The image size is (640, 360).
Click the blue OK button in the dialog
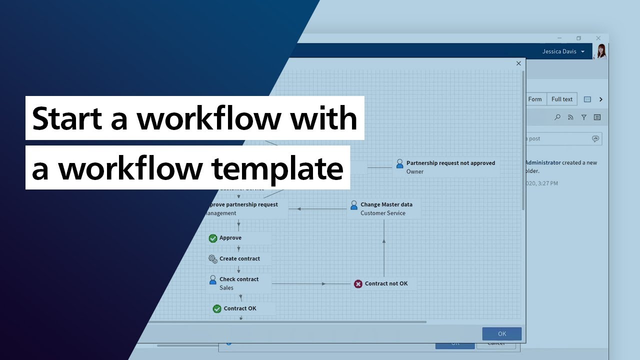coord(501,333)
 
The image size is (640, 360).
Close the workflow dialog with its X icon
coord(518,63)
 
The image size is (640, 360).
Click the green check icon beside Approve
coord(213,238)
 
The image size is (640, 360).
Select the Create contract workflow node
coord(239,258)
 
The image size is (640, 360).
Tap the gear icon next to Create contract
coord(213,259)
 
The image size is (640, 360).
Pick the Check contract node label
coord(239,279)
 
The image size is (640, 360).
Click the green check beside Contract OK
coord(217,309)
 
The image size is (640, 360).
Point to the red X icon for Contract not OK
coord(358,284)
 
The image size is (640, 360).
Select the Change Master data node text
coord(386,204)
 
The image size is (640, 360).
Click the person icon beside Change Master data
coord(354,205)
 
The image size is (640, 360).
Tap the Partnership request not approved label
coord(450,163)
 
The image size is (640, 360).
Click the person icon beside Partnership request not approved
coord(399,163)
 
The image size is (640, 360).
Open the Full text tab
coord(561,99)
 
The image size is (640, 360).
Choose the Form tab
coord(535,99)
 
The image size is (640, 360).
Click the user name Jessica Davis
coord(559,51)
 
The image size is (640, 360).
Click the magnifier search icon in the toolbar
coord(557,117)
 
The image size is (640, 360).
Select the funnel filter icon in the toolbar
coord(583,117)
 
